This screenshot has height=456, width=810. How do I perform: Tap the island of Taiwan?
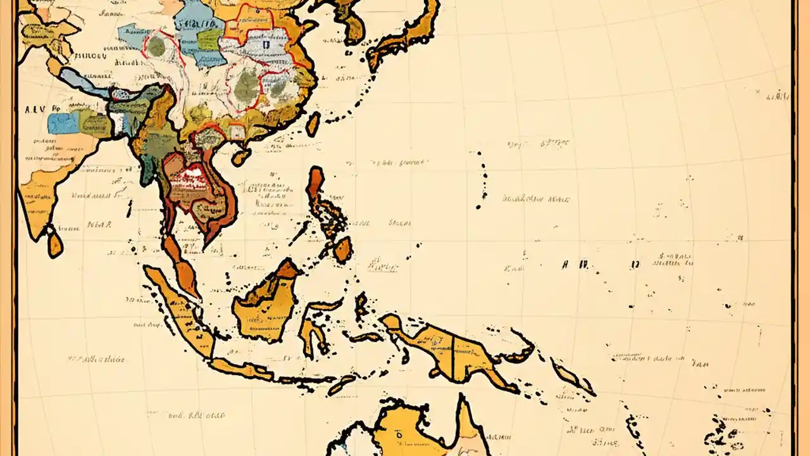[313, 124]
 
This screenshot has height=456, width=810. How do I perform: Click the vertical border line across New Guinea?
[453, 355]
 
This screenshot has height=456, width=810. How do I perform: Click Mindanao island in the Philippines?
[342, 250]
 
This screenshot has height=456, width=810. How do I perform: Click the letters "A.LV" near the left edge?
[36, 109]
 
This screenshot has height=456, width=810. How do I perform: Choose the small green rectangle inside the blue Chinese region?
[209, 40]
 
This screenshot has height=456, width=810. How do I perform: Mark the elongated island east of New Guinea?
[573, 377]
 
